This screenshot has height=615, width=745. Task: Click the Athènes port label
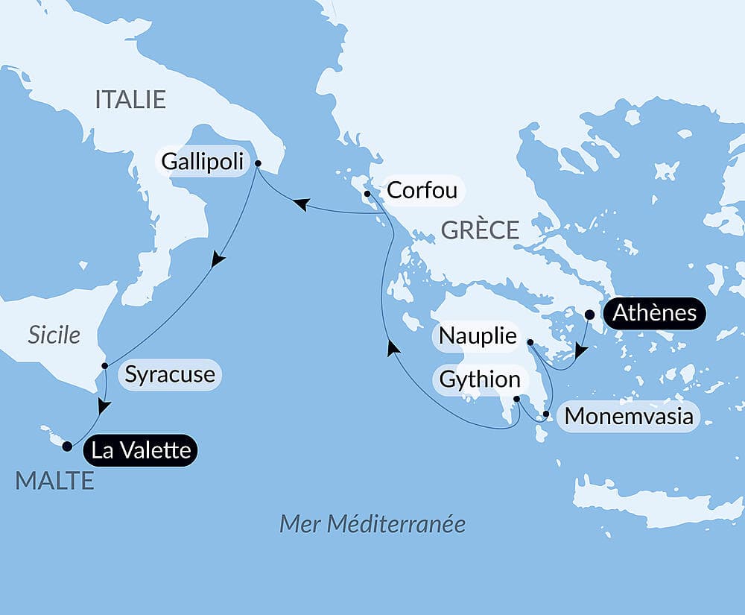coord(654,314)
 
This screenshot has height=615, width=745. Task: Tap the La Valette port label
coord(140,450)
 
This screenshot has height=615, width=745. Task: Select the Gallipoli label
coord(203,161)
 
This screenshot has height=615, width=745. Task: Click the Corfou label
coord(422,190)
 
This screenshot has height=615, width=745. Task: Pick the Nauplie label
coord(478,336)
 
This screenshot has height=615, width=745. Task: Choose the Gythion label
coord(480,379)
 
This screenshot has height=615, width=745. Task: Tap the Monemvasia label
coord(629,416)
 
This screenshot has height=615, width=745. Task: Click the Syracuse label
coord(170,374)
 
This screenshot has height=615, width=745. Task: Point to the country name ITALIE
coord(130,100)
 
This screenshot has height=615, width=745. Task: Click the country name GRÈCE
coord(480,230)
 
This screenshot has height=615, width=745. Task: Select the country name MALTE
coord(54,481)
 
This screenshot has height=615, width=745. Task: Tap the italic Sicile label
coord(54,335)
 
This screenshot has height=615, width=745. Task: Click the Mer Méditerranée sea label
coord(372,523)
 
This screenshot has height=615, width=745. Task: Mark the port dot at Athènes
coord(589,315)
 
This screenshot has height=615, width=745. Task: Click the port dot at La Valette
coord(67,447)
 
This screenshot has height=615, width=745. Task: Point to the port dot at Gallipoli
coord(258,163)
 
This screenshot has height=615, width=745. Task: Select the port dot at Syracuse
coord(105,366)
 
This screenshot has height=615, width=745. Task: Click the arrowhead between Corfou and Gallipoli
coord(302,204)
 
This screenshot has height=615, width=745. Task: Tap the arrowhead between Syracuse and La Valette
coord(104,407)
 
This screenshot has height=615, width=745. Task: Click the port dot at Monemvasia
coord(547,414)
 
